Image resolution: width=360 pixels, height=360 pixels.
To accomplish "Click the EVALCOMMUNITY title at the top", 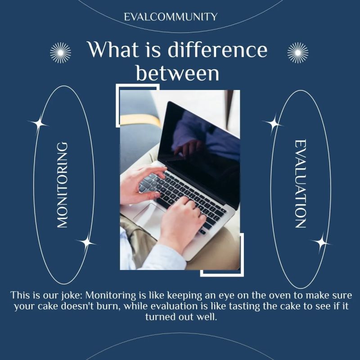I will click(171, 17).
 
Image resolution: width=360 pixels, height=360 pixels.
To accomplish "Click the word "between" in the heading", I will click(178, 73).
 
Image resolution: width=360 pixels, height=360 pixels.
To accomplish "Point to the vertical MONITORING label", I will click(63, 185).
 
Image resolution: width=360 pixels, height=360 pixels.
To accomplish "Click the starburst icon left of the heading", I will click(60, 53).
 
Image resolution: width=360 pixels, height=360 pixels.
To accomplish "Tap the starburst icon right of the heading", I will click(298, 53).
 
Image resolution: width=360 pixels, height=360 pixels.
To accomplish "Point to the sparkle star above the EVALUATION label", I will click(272, 123).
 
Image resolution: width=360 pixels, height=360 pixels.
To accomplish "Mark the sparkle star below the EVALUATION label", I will click(321, 243).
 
